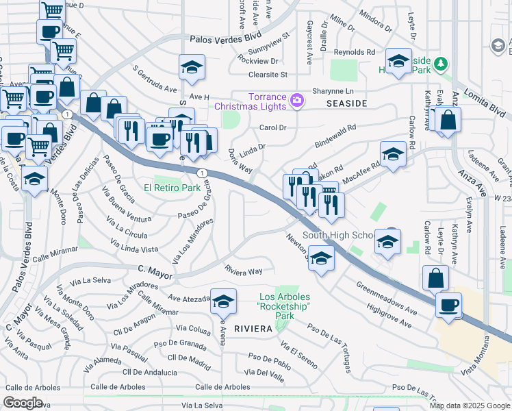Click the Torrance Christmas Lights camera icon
point(296,101)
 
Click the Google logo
point(24,403)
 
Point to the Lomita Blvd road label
point(489,103)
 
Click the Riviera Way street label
point(244,271)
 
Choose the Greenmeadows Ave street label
point(386,298)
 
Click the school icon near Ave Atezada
point(223,301)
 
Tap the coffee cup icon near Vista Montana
point(448,304)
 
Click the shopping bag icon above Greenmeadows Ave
point(435,277)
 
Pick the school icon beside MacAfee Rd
point(393,155)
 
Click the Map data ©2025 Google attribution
point(470,406)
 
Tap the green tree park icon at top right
point(442,64)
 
